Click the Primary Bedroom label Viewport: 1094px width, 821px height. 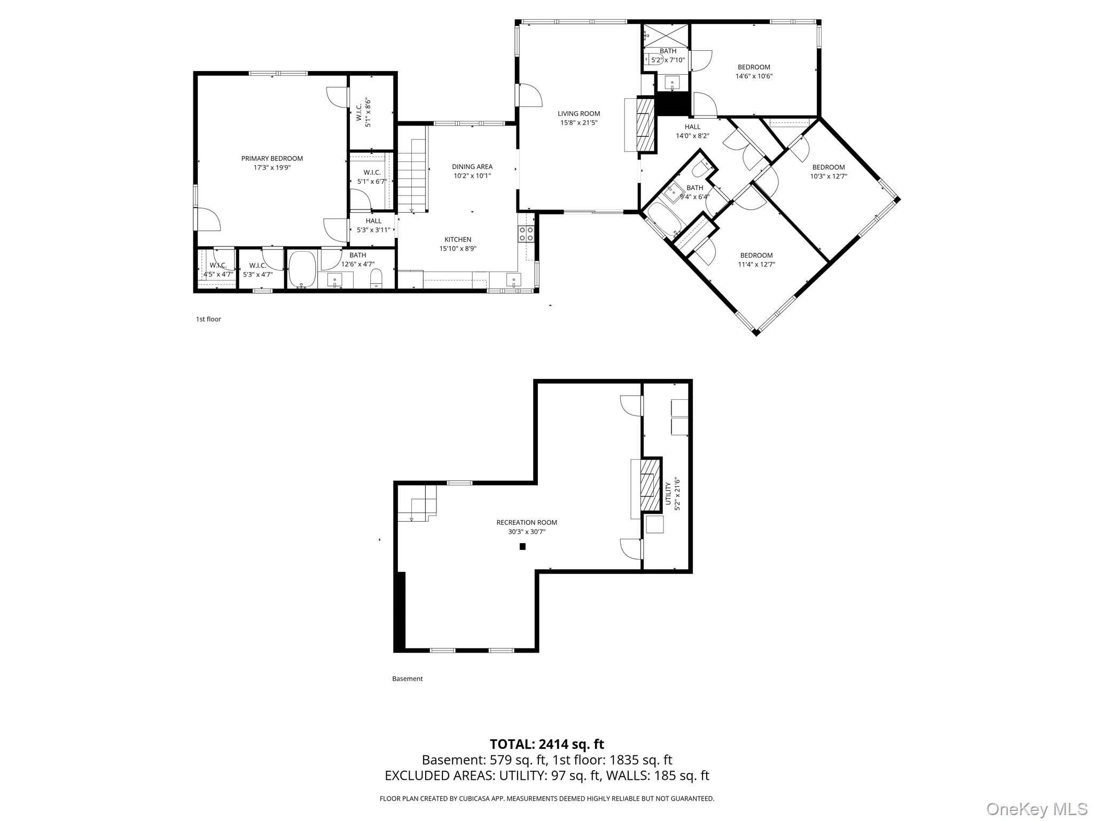click(x=272, y=158)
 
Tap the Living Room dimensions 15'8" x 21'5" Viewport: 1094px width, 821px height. click(x=579, y=122)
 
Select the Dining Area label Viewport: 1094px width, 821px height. click(x=472, y=167)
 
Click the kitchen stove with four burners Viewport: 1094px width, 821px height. click(x=526, y=233)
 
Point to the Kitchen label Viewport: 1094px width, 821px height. click(x=458, y=239)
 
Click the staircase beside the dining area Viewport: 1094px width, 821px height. click(x=412, y=169)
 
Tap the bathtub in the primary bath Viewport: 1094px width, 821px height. click(x=303, y=270)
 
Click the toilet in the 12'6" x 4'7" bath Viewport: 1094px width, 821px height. click(x=377, y=278)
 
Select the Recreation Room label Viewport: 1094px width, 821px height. click(x=527, y=523)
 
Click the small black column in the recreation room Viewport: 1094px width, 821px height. click(x=522, y=546)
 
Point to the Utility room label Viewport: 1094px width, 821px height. click(x=668, y=493)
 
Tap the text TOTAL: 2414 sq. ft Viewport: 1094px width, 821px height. click(x=547, y=744)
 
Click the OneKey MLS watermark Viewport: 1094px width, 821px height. click(x=1037, y=809)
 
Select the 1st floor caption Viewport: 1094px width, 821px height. click(x=208, y=319)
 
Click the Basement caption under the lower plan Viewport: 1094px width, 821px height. click(x=408, y=679)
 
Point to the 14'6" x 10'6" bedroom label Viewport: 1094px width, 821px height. click(x=754, y=72)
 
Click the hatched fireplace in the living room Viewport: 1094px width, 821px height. click(x=646, y=125)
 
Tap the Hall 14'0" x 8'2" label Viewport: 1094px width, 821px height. click(x=692, y=131)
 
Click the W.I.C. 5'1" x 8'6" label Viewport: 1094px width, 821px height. click(x=364, y=112)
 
